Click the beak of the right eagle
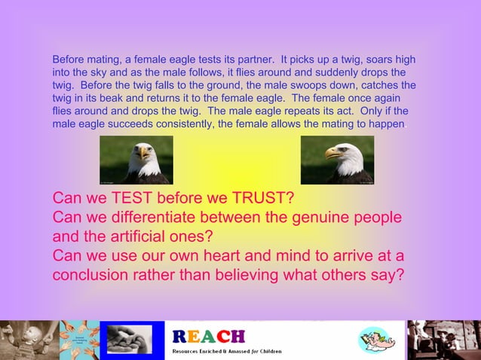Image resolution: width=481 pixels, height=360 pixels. tap(331, 154)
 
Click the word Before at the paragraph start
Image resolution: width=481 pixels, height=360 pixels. tap(69, 59)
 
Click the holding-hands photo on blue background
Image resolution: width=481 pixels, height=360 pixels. tap(131, 340)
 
